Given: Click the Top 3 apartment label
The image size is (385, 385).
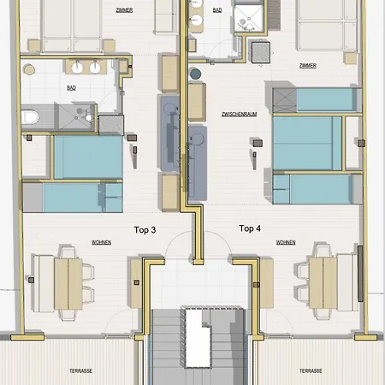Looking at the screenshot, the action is [145, 230].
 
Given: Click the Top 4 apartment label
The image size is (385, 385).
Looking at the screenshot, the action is [250, 228].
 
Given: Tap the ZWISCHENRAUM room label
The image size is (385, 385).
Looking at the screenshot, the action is [240, 114].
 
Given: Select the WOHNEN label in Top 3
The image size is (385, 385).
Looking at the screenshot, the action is [101, 242].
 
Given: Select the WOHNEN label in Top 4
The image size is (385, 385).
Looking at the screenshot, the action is [286, 242].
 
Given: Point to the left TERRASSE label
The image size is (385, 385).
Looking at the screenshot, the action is [80, 370].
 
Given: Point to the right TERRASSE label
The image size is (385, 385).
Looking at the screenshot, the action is [311, 370].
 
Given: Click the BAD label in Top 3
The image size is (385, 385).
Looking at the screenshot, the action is [71, 88].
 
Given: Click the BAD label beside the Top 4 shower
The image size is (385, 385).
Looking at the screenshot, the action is [217, 10].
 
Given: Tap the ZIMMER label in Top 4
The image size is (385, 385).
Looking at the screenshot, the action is [308, 66].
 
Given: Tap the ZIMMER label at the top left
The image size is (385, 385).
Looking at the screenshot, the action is [124, 10].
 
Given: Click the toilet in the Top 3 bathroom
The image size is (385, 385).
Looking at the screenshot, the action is [30, 117].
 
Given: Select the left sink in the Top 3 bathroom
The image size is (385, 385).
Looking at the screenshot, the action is [77, 68].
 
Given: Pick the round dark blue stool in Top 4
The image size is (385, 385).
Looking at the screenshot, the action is [195, 74].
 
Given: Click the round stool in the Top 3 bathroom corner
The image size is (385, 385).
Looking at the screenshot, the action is [29, 69].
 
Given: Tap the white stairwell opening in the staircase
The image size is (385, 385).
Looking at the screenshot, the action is [198, 338].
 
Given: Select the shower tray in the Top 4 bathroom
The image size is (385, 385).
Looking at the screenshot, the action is [248, 19].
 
